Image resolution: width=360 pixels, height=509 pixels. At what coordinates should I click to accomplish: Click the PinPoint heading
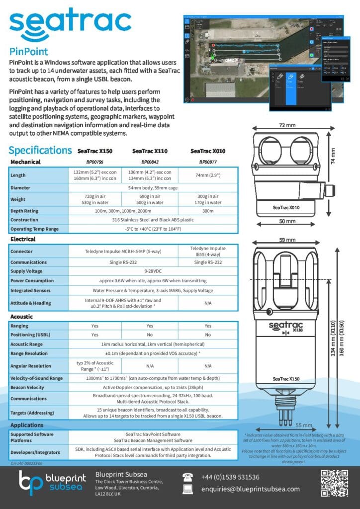[x=29, y=52]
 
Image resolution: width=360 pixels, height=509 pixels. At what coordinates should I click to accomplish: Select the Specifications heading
[x=40, y=150]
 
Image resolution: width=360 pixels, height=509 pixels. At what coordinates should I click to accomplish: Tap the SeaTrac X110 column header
[x=150, y=151]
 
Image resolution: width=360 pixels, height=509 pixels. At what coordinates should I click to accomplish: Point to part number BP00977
[x=207, y=162]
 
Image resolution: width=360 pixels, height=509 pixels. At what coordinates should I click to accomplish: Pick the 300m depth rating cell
[x=207, y=211]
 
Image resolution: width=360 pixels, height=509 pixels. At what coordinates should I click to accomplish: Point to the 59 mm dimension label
[x=286, y=240]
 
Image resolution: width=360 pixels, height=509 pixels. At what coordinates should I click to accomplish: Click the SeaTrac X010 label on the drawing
[x=286, y=207]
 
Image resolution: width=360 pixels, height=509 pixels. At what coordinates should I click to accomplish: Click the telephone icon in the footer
[x=189, y=478]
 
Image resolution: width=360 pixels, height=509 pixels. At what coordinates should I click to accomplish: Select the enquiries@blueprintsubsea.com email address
[x=250, y=489]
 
